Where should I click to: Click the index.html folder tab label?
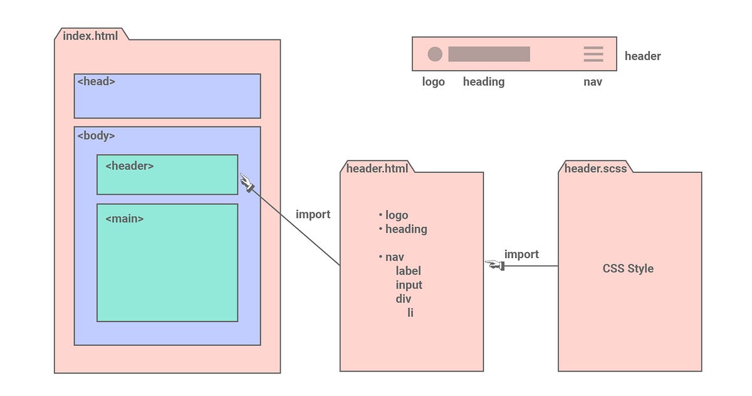(x=90, y=35)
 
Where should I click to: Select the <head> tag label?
(x=96, y=81)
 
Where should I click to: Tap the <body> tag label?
(x=96, y=135)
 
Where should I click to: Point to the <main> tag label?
(x=124, y=219)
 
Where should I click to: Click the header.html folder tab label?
(x=377, y=168)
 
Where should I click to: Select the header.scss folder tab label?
(x=595, y=168)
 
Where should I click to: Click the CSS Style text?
(x=628, y=268)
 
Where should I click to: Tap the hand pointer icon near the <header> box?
(x=247, y=183)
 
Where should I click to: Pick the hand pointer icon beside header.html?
(x=495, y=266)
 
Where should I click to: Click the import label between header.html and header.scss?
(x=521, y=254)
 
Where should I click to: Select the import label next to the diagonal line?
(x=313, y=214)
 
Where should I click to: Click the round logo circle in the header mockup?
(x=435, y=55)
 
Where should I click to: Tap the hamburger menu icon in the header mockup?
(x=593, y=54)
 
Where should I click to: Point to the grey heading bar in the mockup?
(x=489, y=55)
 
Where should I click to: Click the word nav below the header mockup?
(x=592, y=81)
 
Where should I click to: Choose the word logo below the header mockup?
(x=433, y=81)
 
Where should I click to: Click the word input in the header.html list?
(x=409, y=284)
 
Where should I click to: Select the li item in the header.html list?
(x=410, y=312)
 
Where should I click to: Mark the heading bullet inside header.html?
(x=405, y=229)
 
